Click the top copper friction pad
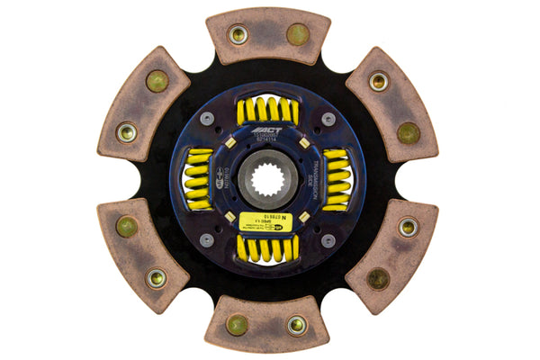[267, 36]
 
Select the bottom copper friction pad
[268, 324]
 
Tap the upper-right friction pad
[393, 103]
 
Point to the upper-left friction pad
[143, 103]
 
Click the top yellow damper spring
[267, 111]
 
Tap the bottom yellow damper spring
[267, 247]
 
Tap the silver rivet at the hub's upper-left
[208, 118]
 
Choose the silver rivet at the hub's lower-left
[208, 239]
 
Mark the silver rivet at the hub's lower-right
[328, 239]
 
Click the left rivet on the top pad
[238, 34]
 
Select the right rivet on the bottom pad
[297, 325]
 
